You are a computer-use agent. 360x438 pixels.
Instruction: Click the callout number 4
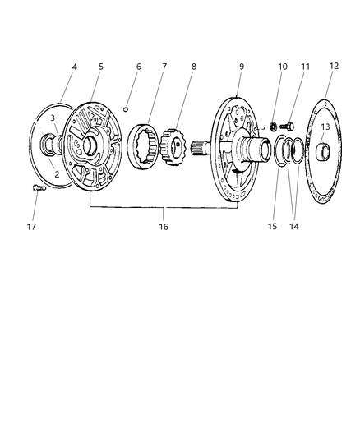click(74, 67)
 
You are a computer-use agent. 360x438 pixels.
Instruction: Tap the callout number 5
click(101, 67)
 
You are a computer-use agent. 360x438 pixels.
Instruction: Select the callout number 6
click(139, 67)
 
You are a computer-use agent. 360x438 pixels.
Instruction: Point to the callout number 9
click(242, 67)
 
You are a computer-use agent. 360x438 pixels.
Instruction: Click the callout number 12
click(334, 66)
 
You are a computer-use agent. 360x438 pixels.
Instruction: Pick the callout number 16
click(164, 227)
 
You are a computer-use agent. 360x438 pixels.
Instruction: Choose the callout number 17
click(31, 227)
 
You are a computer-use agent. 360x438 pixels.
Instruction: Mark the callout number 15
click(272, 226)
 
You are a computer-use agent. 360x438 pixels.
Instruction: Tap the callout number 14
click(293, 226)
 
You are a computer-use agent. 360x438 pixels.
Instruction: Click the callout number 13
click(325, 127)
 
